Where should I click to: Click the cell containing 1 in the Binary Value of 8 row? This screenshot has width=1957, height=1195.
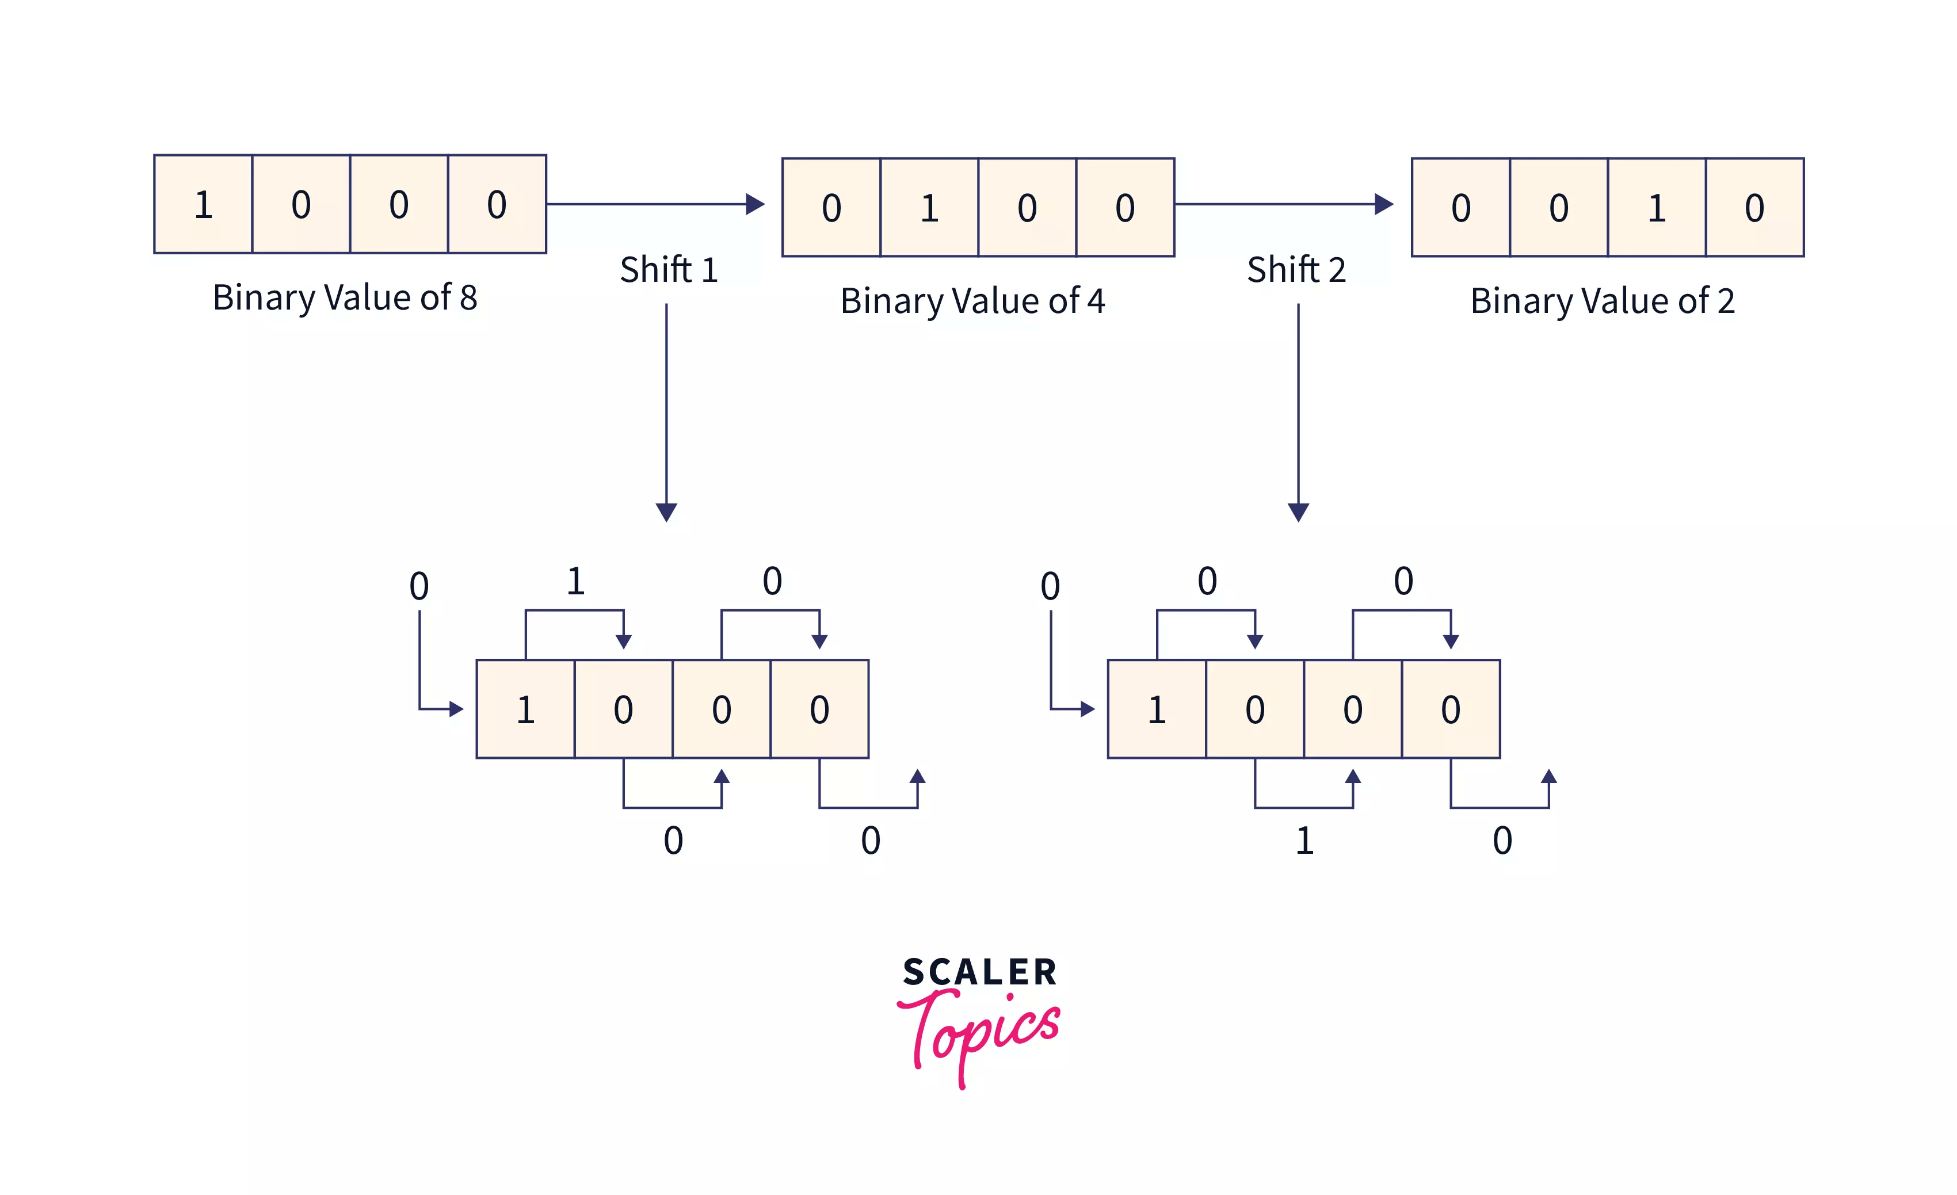(203, 204)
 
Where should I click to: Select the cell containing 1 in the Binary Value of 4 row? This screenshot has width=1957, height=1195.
(929, 207)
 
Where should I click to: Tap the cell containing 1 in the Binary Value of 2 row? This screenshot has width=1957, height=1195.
(1657, 207)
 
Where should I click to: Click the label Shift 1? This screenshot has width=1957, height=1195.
(669, 269)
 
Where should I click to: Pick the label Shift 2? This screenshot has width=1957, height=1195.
(1296, 269)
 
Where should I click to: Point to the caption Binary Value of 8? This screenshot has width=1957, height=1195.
(345, 298)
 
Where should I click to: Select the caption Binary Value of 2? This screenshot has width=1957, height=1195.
(1602, 301)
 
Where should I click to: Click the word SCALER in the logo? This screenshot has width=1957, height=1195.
(979, 972)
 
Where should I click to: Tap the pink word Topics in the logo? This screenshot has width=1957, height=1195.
(979, 1032)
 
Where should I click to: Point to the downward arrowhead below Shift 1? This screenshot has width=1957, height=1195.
(666, 511)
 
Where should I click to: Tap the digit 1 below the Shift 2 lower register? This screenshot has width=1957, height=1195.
(1304, 840)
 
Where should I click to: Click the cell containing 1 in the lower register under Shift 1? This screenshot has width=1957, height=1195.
(525, 709)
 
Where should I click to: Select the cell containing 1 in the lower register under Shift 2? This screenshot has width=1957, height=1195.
(1157, 709)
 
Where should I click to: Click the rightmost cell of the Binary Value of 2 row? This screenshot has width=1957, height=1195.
(1754, 207)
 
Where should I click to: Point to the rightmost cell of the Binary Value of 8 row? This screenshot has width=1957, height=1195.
(497, 204)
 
